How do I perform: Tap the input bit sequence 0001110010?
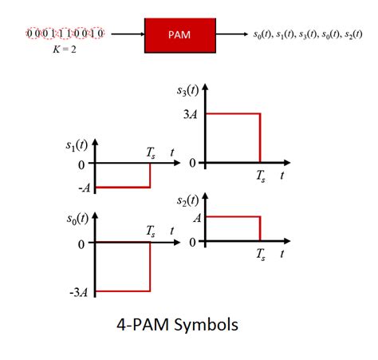click(x=67, y=35)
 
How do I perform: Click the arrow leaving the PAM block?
click(x=230, y=35)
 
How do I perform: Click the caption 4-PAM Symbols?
click(x=178, y=326)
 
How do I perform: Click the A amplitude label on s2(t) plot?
click(x=197, y=216)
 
